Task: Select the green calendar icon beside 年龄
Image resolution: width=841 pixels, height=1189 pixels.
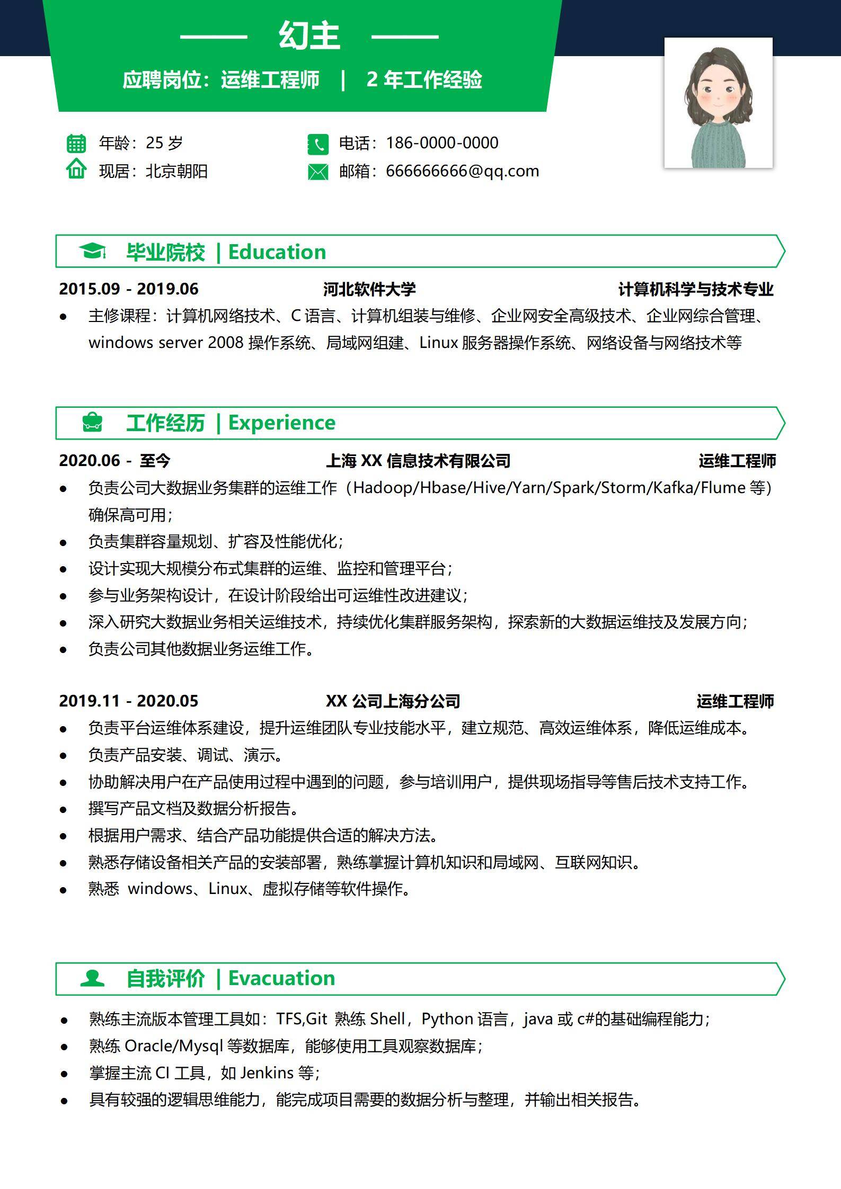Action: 76,143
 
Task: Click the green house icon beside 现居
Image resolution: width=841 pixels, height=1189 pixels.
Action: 76,169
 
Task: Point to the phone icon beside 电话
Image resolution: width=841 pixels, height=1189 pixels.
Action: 318,144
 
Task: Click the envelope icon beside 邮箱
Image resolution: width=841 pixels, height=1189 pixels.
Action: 318,172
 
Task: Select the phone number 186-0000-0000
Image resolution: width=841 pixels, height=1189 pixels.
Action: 442,143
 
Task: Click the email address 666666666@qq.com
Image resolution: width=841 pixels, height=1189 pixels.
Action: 462,171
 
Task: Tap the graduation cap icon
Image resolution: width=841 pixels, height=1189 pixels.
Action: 92,251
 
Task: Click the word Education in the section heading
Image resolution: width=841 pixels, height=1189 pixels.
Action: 277,252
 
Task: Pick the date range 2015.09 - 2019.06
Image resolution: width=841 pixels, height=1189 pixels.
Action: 128,289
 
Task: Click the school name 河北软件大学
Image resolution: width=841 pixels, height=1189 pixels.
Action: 369,289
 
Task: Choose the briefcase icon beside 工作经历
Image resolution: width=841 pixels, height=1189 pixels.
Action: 92,422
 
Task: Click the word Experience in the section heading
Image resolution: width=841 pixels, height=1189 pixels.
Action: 281,423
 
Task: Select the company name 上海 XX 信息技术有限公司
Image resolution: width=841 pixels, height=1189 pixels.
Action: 418,461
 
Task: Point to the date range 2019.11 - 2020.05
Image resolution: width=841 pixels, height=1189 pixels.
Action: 128,701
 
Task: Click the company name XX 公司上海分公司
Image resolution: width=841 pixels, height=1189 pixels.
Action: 393,701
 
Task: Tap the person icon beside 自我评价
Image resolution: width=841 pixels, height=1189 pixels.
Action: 92,978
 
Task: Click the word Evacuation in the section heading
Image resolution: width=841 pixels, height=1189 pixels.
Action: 281,978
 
